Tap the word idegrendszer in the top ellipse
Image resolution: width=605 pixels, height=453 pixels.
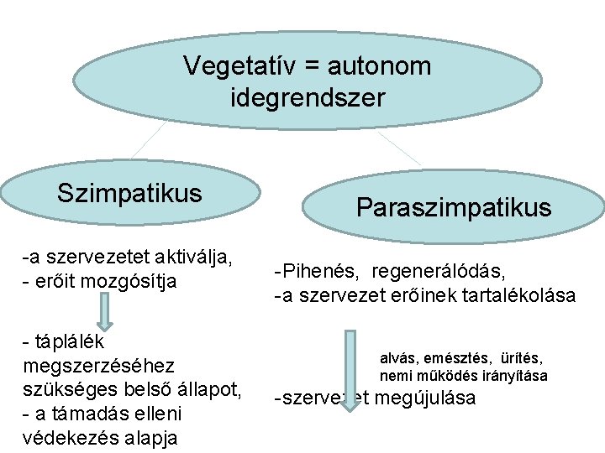(x=308, y=97)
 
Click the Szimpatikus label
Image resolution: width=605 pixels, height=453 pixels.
(x=130, y=193)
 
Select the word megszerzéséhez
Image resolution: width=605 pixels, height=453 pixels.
(x=100, y=366)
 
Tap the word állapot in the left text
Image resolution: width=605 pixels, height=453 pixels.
(x=211, y=390)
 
